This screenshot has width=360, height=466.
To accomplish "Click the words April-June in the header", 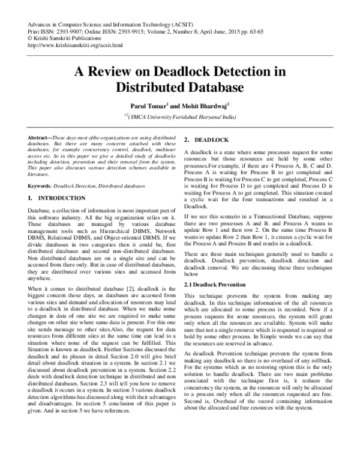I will coord(233,30).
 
